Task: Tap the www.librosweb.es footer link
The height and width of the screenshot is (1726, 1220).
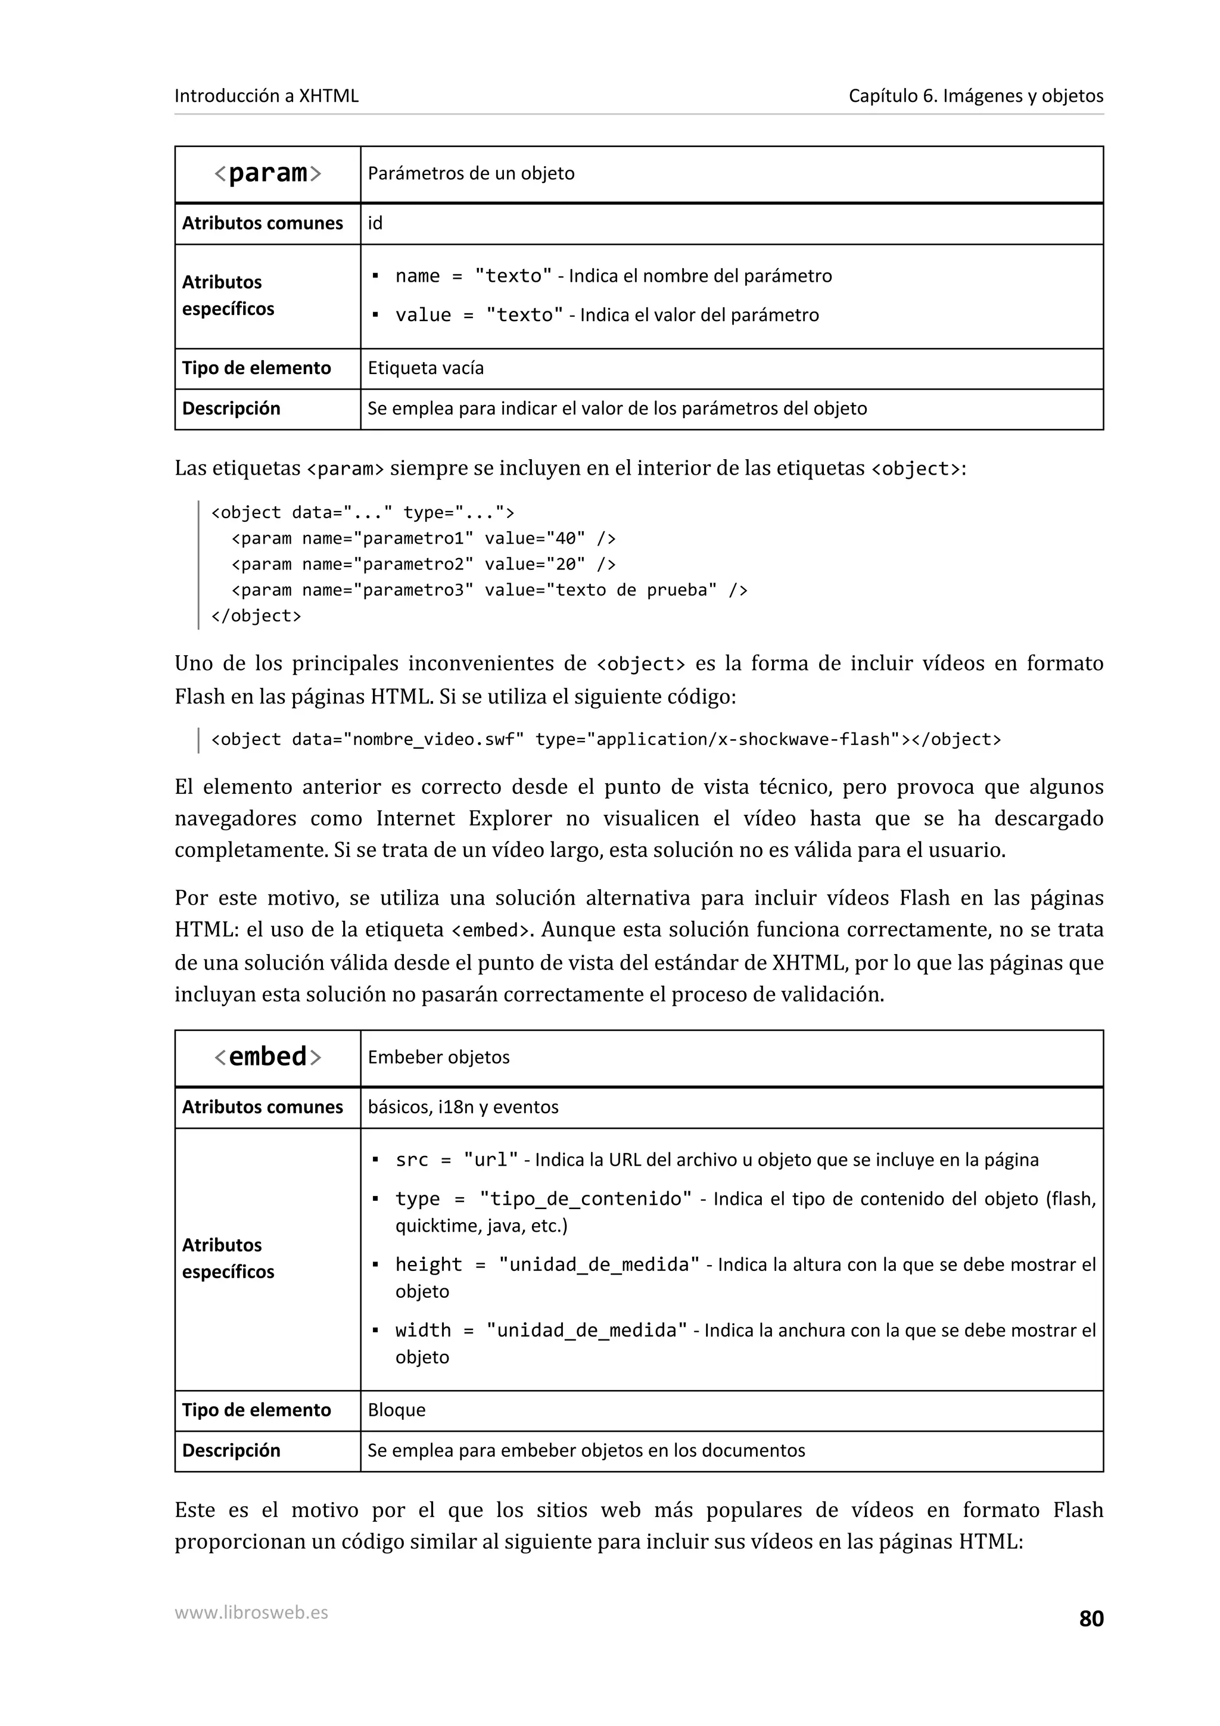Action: pos(251,1612)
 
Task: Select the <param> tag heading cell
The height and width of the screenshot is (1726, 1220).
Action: pos(267,174)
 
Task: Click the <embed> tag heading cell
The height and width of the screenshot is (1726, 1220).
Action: pos(267,1057)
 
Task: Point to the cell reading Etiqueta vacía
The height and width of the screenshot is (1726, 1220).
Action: pos(425,368)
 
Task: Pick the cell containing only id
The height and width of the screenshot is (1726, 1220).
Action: pos(375,223)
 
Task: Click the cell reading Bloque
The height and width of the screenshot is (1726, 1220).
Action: pos(396,1410)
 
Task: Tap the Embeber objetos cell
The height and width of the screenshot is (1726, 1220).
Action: pos(438,1057)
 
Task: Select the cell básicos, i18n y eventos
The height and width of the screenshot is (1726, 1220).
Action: pos(463,1107)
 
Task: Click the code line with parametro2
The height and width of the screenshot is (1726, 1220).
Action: pos(423,564)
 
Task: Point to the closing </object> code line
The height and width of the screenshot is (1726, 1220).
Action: pos(256,616)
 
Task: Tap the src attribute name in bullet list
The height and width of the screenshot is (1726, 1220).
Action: pos(411,1160)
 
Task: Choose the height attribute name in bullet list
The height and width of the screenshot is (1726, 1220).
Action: pos(428,1264)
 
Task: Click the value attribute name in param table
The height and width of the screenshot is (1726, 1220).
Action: pos(423,315)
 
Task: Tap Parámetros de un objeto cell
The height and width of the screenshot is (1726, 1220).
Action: pos(471,174)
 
